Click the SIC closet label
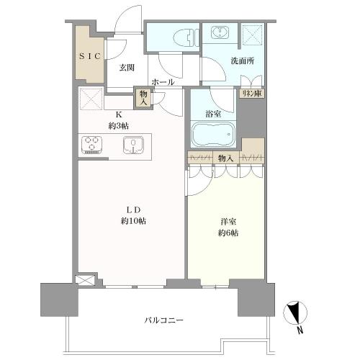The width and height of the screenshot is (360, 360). pos(90,55)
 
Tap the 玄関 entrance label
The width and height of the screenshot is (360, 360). pos(127,68)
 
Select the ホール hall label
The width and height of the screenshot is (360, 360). pos(163,82)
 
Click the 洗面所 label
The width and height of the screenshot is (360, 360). pos(240,62)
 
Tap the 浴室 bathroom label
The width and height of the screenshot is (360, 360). pos(212,112)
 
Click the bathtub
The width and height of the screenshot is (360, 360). pos(212,134)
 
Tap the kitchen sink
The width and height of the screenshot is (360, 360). pos(134,145)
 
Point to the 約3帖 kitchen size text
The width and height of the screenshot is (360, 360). pos(119,126)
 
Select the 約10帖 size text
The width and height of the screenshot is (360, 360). pos(133,221)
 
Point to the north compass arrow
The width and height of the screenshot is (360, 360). pos(293,312)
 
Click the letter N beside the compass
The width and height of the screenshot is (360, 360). pos(300,332)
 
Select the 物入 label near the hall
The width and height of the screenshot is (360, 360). pos(143,96)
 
